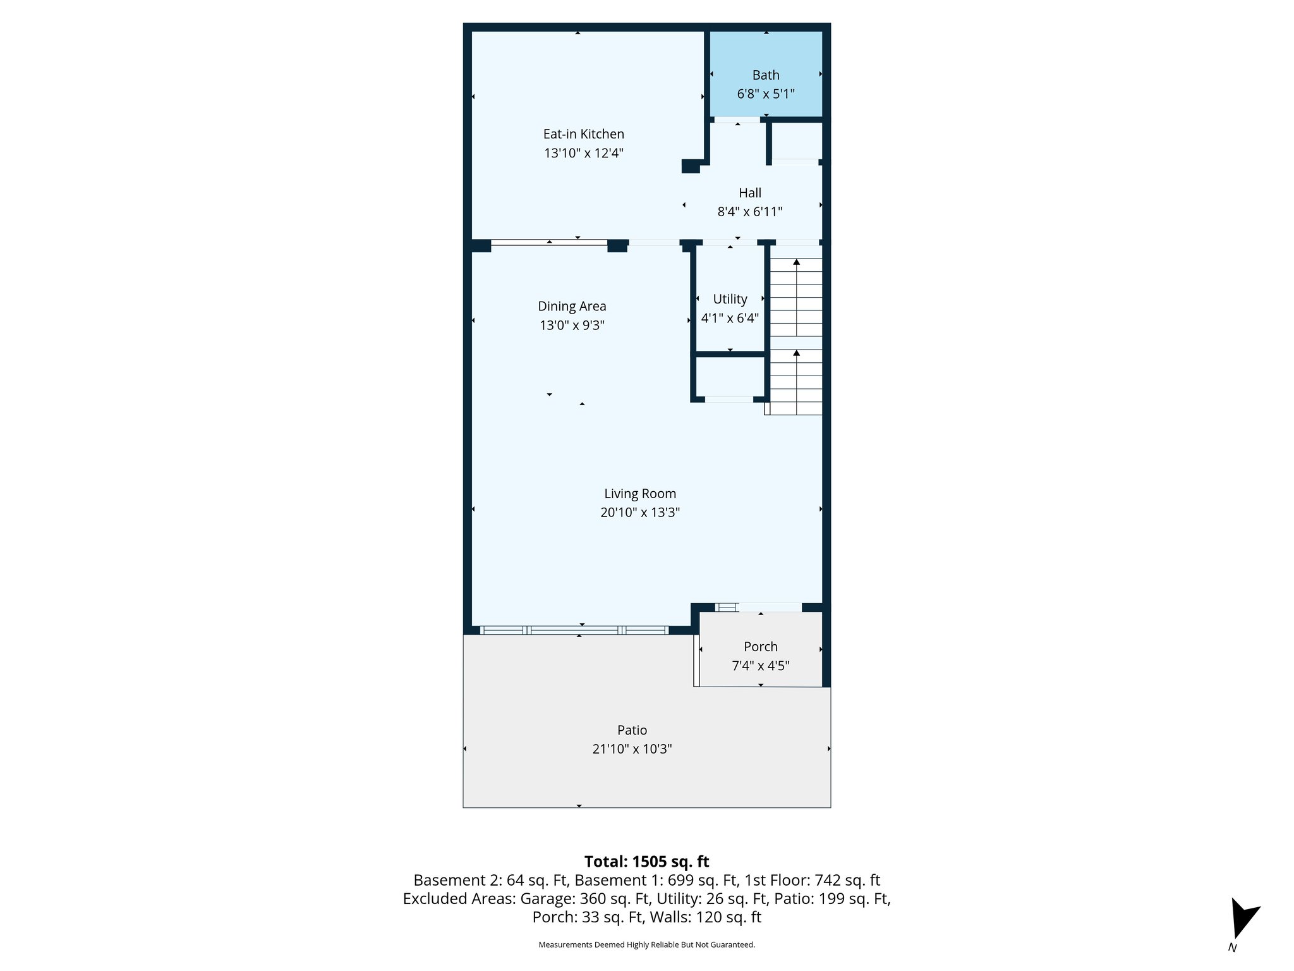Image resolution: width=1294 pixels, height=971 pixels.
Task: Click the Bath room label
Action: [765, 75]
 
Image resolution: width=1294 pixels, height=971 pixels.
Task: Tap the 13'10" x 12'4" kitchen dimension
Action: [583, 153]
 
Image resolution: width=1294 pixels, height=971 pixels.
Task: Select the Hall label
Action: [749, 193]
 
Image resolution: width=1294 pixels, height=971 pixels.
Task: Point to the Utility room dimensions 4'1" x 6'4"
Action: [730, 318]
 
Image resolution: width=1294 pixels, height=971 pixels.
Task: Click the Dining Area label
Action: [572, 306]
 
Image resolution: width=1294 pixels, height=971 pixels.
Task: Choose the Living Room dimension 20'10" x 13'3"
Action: [639, 512]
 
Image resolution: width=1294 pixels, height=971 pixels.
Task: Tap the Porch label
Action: [760, 647]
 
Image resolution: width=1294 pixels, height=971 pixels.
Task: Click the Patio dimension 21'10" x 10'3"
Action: [632, 749]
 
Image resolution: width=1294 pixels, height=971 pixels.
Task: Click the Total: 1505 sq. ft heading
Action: [646, 862]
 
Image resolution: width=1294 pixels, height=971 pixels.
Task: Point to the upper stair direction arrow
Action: [796, 262]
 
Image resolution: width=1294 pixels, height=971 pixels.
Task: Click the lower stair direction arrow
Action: [796, 353]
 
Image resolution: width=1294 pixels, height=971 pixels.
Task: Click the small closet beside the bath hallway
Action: [796, 140]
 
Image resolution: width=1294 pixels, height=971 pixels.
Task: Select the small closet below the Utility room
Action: [730, 377]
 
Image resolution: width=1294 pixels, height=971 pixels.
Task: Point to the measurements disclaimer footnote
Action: [646, 944]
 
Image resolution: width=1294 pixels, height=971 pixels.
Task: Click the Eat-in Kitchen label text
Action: [583, 134]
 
